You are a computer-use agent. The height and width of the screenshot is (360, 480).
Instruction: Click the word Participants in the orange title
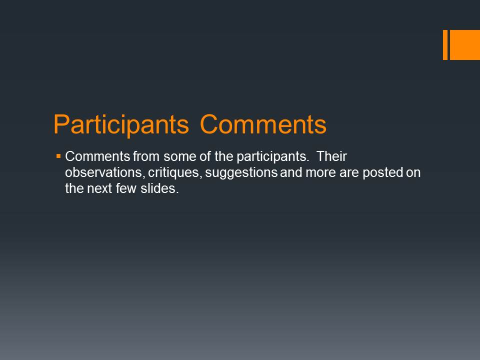pos(121,125)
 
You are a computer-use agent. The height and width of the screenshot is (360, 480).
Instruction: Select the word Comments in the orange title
pos(263,124)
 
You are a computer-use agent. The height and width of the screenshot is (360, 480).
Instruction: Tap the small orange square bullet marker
pos(58,156)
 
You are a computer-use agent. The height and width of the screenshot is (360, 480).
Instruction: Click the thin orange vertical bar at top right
pos(445,44)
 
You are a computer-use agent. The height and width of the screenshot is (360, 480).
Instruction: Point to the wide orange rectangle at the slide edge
pos(464,44)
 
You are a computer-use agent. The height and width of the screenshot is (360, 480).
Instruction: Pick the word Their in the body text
pos(331,156)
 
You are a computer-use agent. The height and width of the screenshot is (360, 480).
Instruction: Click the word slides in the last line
pos(159,188)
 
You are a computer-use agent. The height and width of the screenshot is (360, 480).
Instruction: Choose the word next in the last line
pos(99,189)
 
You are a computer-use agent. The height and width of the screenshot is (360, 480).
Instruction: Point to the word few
pos(126,188)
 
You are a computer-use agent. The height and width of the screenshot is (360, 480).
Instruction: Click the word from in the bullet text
pos(146,156)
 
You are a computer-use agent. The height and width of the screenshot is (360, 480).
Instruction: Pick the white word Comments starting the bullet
pos(97,156)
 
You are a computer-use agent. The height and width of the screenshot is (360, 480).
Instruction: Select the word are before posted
pos(349,173)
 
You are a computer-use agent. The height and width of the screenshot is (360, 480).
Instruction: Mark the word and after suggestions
pos(291,172)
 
